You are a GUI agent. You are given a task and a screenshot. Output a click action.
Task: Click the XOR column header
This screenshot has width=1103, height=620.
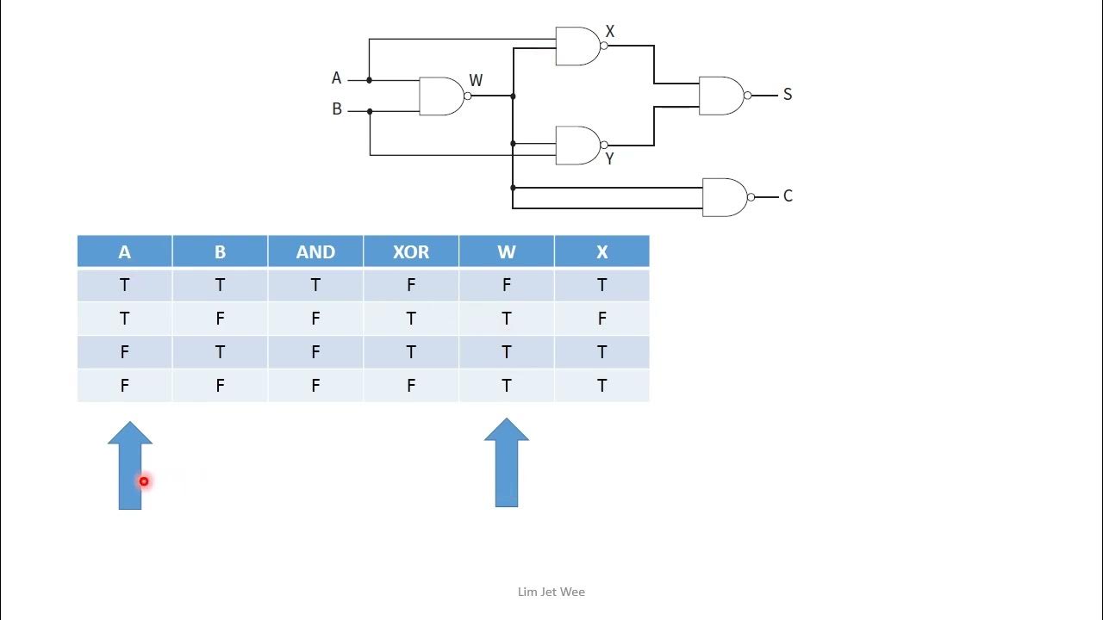pyautogui.click(x=411, y=251)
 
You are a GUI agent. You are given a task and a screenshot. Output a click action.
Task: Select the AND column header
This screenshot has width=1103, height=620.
pyautogui.click(x=315, y=251)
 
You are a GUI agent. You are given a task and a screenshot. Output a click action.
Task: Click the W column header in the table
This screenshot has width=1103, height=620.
pyautogui.click(x=506, y=251)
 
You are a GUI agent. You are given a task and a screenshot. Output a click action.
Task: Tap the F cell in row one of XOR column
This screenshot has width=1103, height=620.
pyautogui.click(x=411, y=285)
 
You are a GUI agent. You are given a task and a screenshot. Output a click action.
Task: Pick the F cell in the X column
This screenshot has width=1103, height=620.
pyautogui.click(x=601, y=319)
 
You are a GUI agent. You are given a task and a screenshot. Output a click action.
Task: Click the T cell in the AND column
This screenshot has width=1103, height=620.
pyautogui.click(x=315, y=285)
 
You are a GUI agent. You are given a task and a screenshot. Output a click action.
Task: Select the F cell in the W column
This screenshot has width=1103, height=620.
pyautogui.click(x=506, y=285)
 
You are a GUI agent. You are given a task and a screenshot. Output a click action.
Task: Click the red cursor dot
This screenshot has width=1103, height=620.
pyautogui.click(x=144, y=481)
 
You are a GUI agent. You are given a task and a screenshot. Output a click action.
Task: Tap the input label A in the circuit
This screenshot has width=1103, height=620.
pyautogui.click(x=336, y=78)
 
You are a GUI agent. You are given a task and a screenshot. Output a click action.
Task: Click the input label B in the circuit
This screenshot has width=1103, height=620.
pyautogui.click(x=337, y=109)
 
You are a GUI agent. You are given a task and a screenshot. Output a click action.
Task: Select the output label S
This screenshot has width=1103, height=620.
pyautogui.click(x=787, y=95)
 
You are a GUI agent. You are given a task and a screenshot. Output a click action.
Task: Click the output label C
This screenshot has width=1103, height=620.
pyautogui.click(x=787, y=196)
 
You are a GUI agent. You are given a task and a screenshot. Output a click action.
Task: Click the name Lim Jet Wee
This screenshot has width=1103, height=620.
pyautogui.click(x=551, y=592)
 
